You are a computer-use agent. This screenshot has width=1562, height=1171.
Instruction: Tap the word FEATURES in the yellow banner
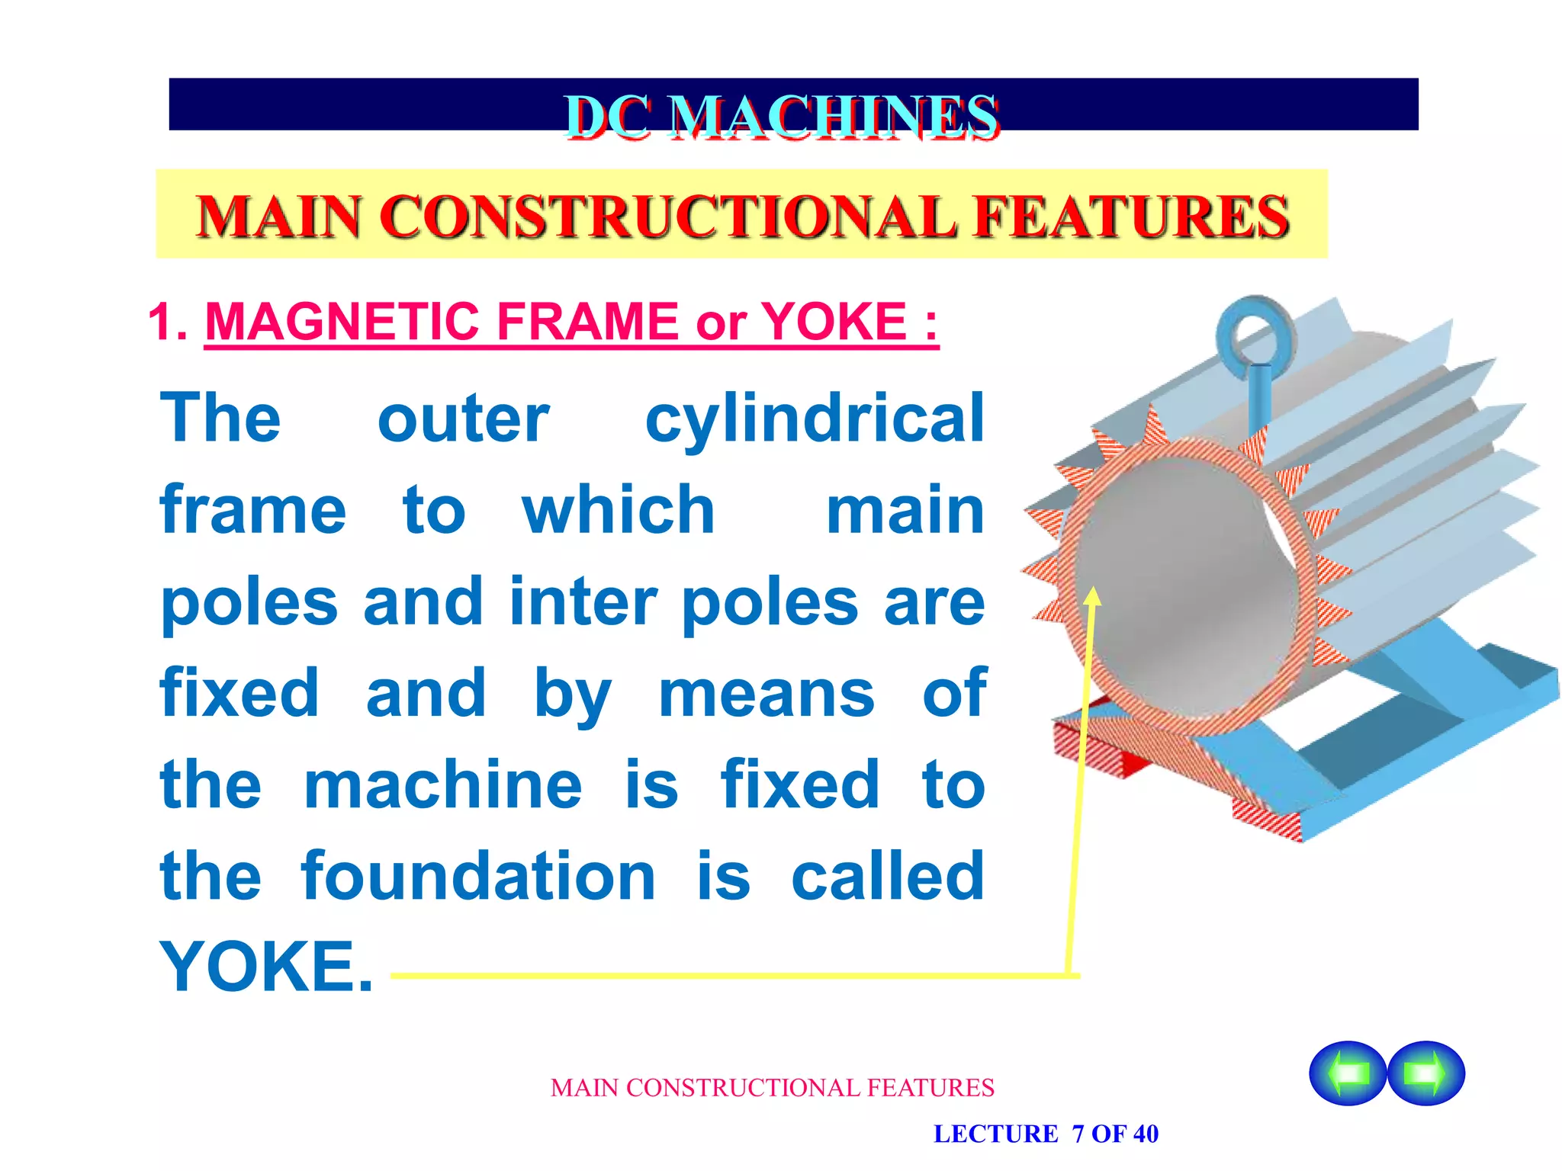pos(1132,217)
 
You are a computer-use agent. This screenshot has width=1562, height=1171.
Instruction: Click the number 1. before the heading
pos(169,322)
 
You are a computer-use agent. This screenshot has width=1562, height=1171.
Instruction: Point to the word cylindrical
pos(815,419)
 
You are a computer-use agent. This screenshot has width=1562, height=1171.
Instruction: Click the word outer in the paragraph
pos(463,419)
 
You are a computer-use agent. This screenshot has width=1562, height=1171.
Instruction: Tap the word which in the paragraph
pos(618,510)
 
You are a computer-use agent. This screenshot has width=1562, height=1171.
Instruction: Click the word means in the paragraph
pos(766,693)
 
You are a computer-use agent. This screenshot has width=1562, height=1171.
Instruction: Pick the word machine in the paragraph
pos(443,784)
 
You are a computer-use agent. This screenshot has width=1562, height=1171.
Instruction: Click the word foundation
pos(478,876)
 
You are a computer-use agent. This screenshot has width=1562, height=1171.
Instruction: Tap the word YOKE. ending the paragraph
pos(266,967)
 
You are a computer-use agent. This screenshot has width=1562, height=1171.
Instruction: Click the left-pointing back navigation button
pos(1348,1073)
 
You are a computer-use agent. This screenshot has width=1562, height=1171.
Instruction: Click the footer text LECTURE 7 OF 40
pos(1046,1134)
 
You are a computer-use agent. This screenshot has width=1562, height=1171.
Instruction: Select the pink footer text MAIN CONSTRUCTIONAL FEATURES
pos(772,1088)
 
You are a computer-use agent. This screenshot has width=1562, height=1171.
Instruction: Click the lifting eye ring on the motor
pos(1255,332)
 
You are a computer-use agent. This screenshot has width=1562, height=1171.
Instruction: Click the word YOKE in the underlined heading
pos(834,322)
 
